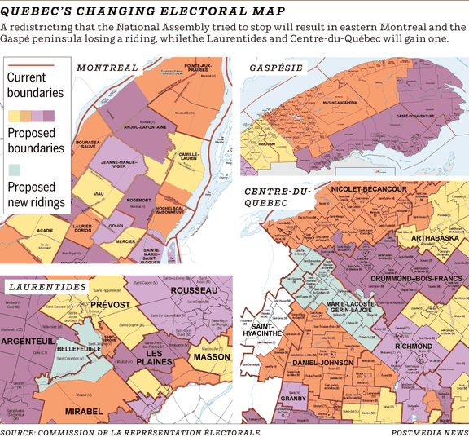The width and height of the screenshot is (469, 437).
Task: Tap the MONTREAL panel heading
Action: (x=107, y=68)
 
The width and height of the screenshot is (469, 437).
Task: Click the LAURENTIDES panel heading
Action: (x=48, y=288)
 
